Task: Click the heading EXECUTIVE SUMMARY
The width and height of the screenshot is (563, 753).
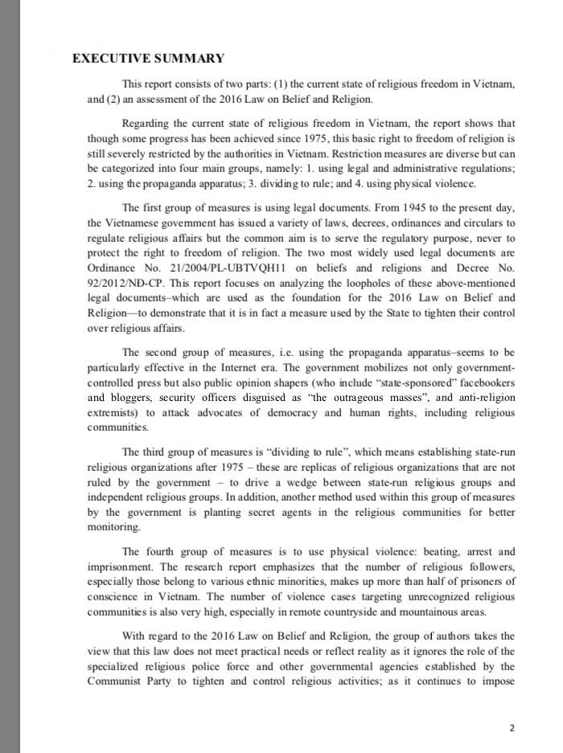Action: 148,58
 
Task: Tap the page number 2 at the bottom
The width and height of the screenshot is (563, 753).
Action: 512,728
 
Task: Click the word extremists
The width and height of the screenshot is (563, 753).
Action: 113,411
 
